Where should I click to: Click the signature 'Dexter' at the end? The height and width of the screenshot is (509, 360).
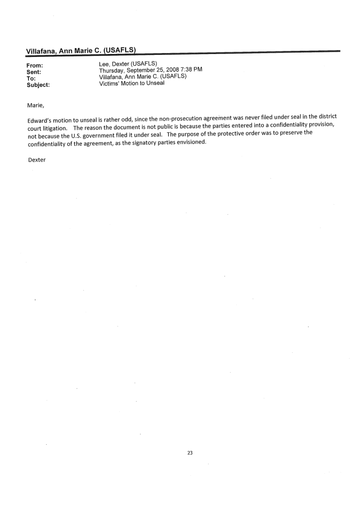point(37,160)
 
